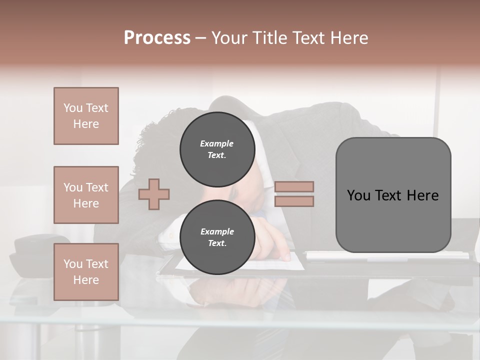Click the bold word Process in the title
tap(157, 37)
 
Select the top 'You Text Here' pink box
tap(86, 116)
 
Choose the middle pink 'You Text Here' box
tap(86, 195)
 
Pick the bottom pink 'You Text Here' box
tap(86, 272)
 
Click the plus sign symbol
tap(154, 194)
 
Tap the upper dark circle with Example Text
tap(217, 149)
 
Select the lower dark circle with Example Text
tap(217, 237)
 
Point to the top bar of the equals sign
tap(294, 186)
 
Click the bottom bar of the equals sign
tap(294, 201)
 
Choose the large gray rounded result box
tap(393, 195)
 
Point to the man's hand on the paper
tap(272, 240)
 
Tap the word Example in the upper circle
tap(217, 143)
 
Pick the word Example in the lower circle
tap(217, 231)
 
